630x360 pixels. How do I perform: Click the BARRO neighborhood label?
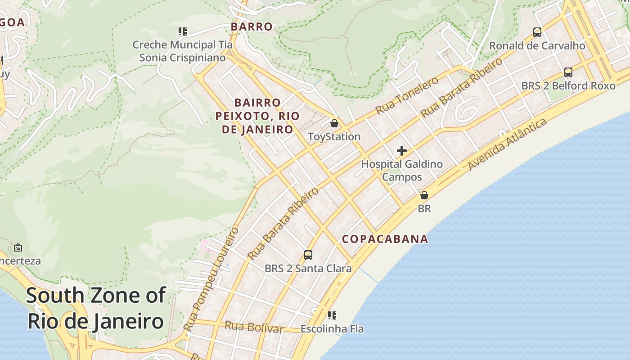[252, 27]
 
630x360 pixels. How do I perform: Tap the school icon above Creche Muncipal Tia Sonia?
[182, 31]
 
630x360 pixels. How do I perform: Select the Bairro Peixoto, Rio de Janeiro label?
[257, 116]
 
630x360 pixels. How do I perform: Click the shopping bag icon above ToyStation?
[334, 123]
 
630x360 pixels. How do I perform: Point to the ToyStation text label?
[334, 136]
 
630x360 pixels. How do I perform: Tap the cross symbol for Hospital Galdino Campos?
[402, 151]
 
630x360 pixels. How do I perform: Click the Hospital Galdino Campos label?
[402, 171]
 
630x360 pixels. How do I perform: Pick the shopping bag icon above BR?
[424, 195]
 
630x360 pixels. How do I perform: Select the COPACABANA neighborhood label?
[385, 239]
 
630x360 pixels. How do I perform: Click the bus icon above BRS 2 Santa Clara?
[308, 255]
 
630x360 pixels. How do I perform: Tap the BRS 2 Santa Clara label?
[308, 269]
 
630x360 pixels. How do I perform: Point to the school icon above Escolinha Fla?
[332, 315]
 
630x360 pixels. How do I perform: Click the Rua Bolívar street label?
[254, 327]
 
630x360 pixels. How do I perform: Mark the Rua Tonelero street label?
[407, 95]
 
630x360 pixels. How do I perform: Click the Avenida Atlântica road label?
[507, 144]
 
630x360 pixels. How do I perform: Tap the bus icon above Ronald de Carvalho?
[537, 32]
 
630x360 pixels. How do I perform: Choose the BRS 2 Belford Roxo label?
[568, 85]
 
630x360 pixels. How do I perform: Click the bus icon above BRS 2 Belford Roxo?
[568, 72]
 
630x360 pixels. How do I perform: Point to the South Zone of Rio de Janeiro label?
[95, 309]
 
